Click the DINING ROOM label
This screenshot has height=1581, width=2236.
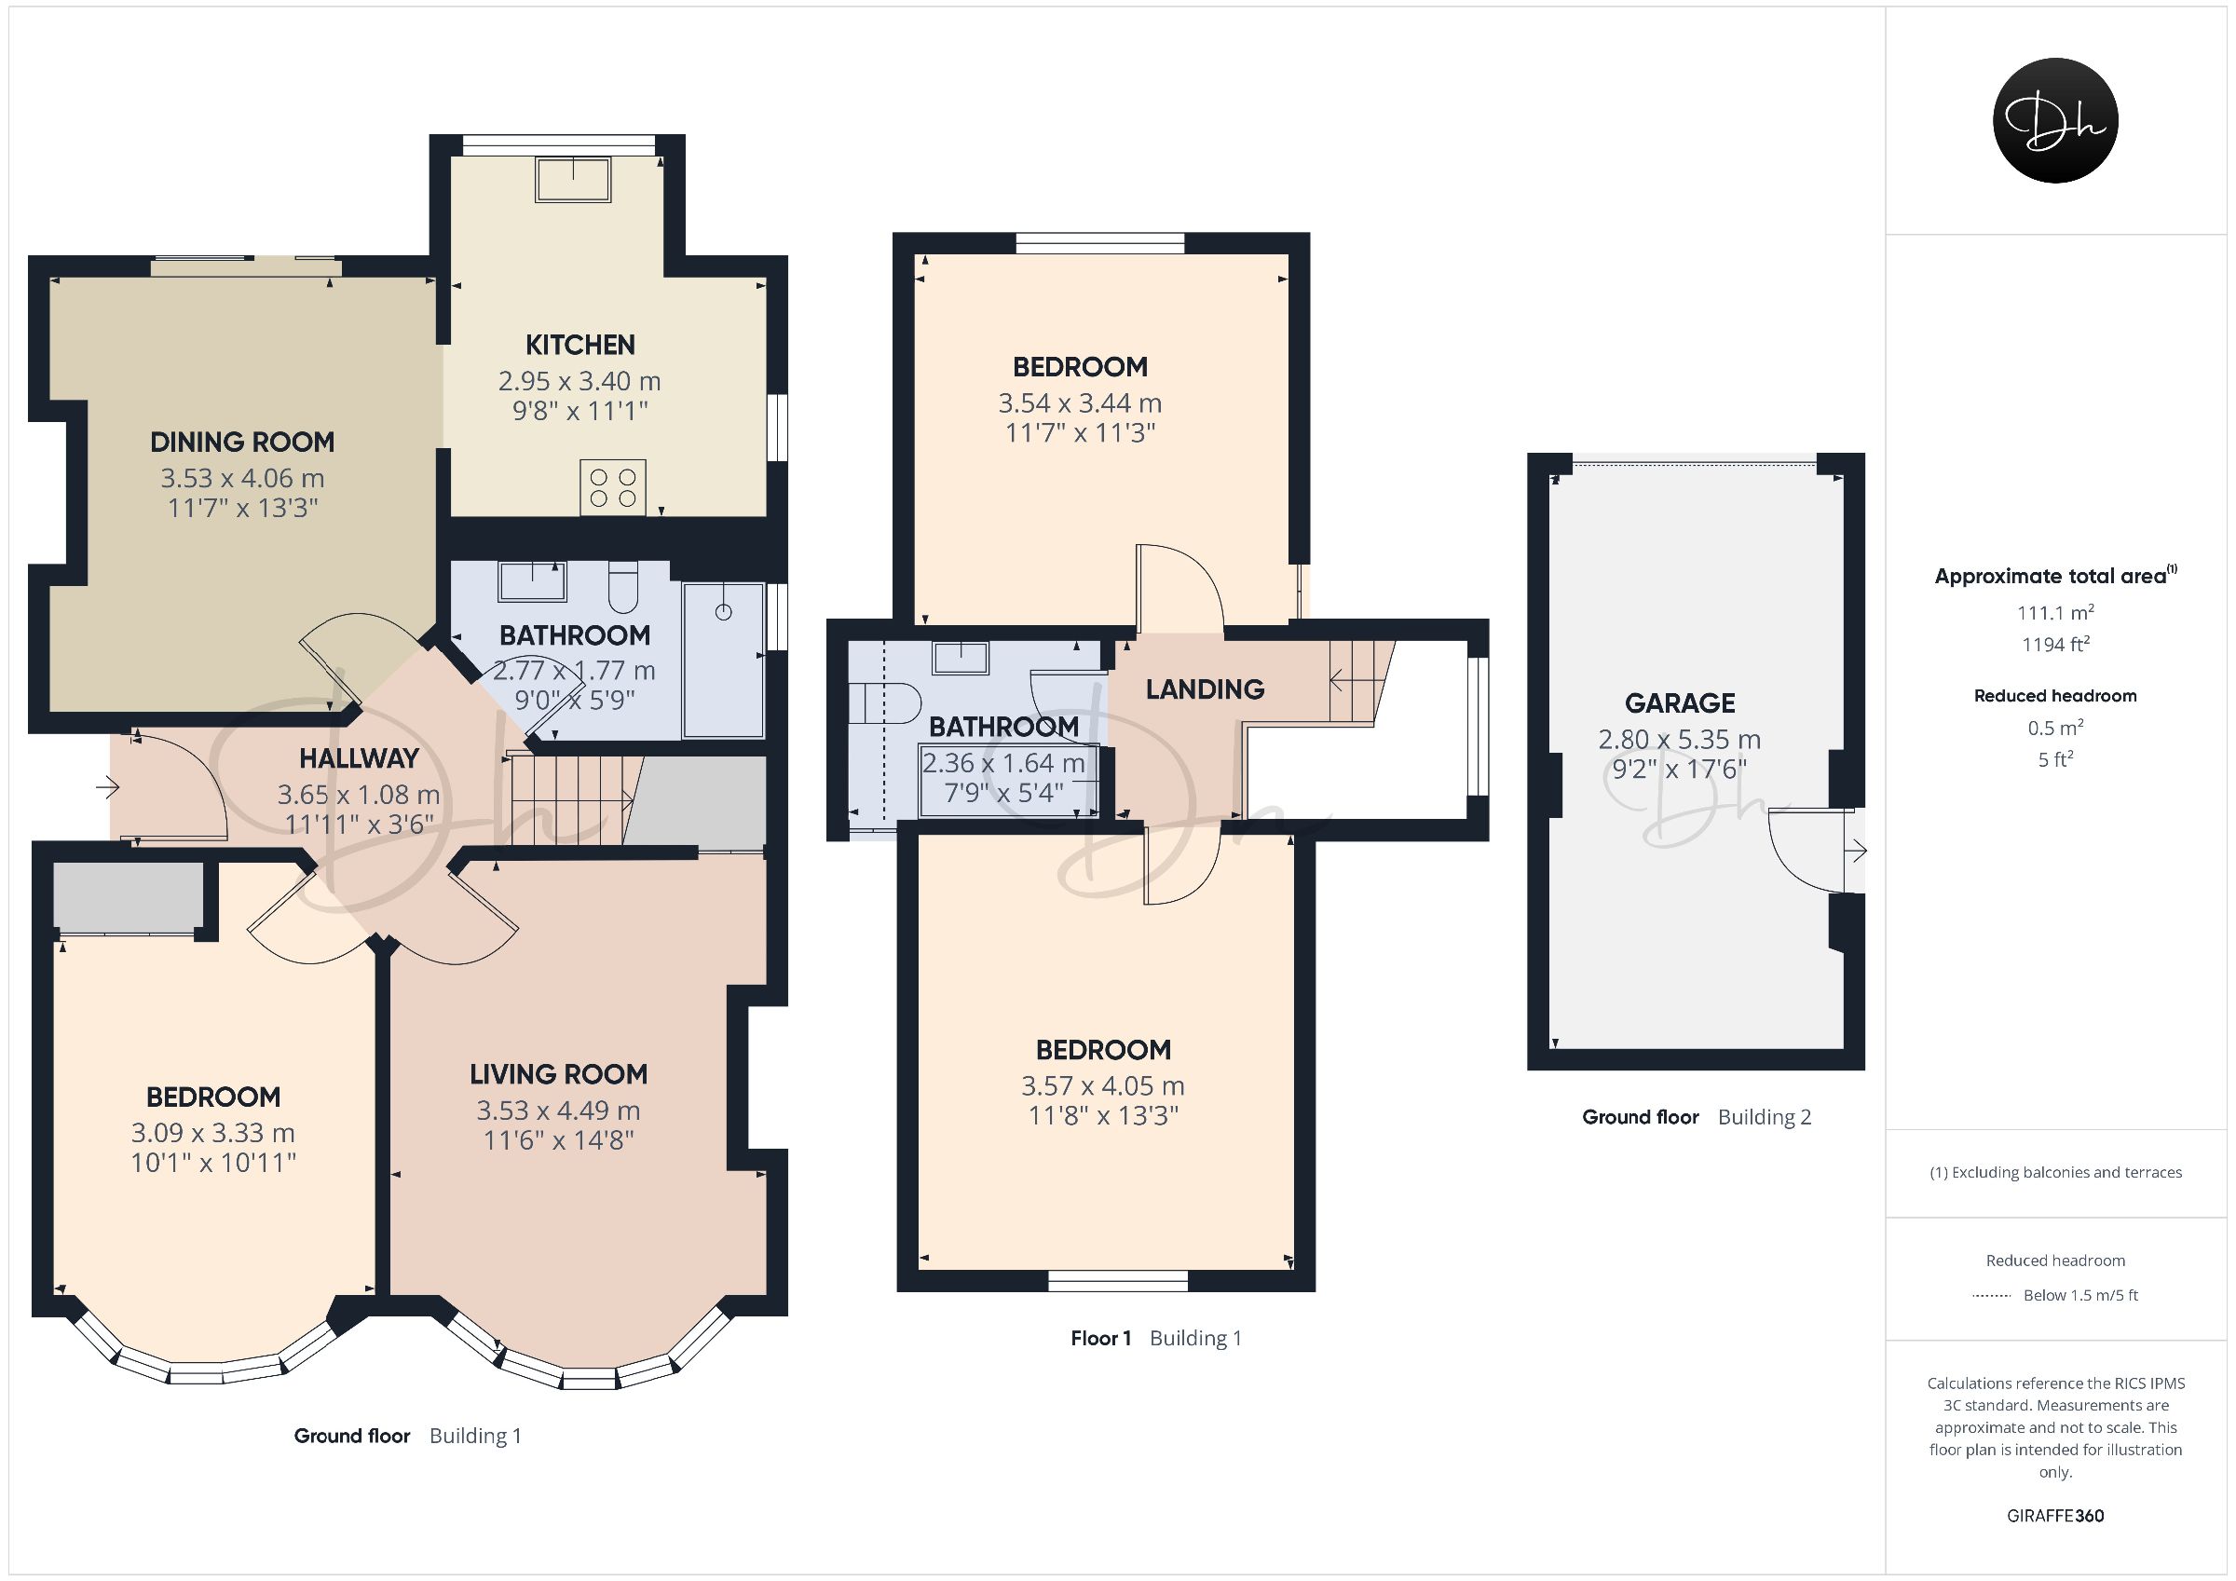[x=241, y=443]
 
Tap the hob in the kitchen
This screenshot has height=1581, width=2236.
[x=612, y=487]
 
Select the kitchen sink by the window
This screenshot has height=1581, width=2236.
[x=573, y=180]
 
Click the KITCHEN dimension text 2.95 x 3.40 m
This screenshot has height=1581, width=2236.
[x=579, y=381]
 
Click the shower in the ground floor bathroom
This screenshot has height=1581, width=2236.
[x=724, y=660]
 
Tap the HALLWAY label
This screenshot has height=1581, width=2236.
[x=359, y=757]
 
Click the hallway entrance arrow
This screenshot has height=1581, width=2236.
[x=107, y=786]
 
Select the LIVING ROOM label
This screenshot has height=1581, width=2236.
[x=558, y=1074]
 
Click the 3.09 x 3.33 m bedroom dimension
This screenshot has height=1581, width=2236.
[x=213, y=1133]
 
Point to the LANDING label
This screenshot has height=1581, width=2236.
[x=1205, y=689]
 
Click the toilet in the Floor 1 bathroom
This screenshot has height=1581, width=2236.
[x=885, y=702]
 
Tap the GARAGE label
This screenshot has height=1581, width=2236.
[x=1680, y=703]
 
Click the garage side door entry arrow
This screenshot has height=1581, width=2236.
[x=1856, y=852]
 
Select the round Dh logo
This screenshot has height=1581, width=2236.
[x=2056, y=120]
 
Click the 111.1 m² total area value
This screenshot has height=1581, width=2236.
[x=2056, y=613]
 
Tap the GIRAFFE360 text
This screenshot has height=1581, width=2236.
[x=2056, y=1516]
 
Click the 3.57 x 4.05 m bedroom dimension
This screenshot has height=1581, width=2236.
[x=1102, y=1086]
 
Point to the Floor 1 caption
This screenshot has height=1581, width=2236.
[x=1100, y=1339]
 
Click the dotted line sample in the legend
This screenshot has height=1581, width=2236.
[x=1992, y=1296]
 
